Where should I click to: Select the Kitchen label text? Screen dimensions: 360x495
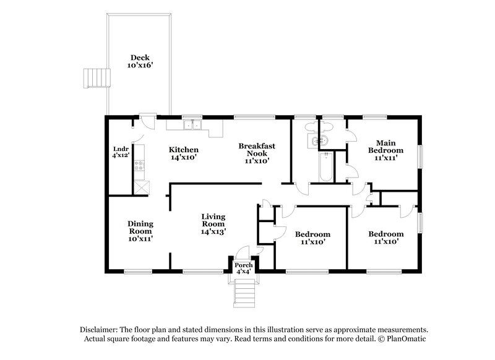184,150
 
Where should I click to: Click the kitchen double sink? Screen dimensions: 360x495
192,126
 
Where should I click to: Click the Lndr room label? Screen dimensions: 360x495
121,149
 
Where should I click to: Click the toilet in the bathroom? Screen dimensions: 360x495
322,127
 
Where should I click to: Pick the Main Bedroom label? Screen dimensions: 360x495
385,146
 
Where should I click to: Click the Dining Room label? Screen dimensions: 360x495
140,227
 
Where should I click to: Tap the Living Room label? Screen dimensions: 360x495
213,220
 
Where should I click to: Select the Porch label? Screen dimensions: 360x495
243,265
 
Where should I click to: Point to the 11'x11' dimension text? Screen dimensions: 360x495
385,158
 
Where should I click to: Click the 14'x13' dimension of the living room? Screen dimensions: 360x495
213,231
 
